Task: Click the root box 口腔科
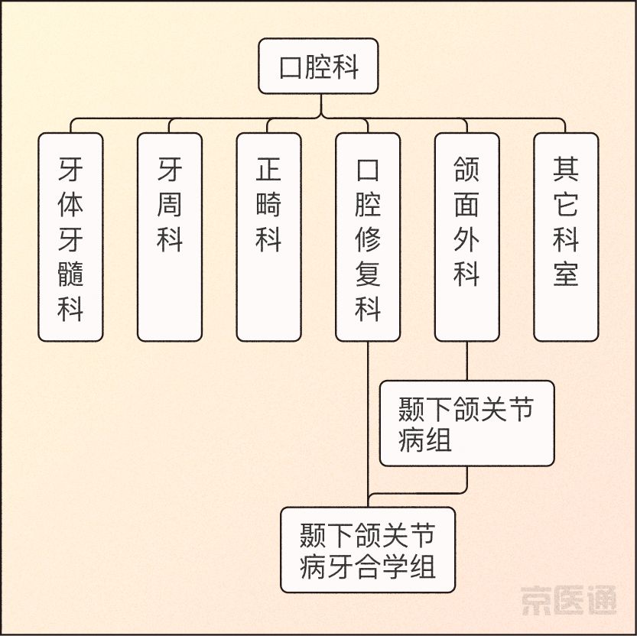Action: coord(318,67)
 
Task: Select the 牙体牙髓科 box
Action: coord(70,237)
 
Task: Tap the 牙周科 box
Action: coord(170,237)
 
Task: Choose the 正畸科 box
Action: coord(268,237)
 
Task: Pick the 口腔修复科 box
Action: coord(368,237)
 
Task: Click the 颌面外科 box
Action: coord(466,237)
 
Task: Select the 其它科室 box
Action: coord(566,237)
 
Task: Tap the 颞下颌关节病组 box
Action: coord(466,423)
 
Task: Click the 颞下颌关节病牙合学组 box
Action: coord(368,550)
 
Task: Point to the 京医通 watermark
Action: coord(569,601)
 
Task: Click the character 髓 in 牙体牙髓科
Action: coord(70,272)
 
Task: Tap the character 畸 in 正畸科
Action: coord(268,204)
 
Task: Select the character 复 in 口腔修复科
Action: coord(368,273)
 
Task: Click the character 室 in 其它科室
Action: coord(566,273)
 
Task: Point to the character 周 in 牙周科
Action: coord(170,204)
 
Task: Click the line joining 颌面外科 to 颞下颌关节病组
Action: coord(466,361)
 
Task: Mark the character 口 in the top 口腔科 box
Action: coord(291,67)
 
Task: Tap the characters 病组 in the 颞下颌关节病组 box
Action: coord(424,440)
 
